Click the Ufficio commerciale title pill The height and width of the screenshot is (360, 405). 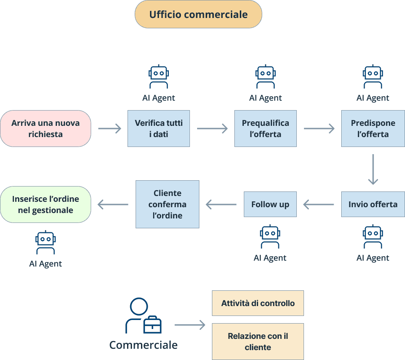point(198,14)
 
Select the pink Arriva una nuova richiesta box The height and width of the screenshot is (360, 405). point(45,129)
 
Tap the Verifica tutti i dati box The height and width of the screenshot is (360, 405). point(158,129)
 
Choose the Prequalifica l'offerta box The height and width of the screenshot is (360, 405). point(265,129)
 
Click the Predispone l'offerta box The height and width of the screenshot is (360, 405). point(373,129)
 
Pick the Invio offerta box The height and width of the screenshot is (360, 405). point(373,204)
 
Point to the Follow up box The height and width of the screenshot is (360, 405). point(270,204)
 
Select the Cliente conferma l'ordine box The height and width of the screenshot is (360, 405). point(167,204)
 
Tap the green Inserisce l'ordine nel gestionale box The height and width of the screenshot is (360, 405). point(45,204)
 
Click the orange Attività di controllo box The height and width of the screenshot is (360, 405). point(258,303)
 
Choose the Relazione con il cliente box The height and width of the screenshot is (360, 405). point(258,342)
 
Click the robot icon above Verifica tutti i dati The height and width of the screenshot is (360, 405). point(158,77)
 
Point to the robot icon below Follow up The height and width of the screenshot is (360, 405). point(270,237)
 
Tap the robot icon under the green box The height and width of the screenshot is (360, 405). point(45,243)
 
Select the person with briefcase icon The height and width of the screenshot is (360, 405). point(143,316)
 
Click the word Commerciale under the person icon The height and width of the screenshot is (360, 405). point(143,345)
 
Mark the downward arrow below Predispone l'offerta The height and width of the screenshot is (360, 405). point(373,169)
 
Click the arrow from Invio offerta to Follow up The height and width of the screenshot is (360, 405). point(319,204)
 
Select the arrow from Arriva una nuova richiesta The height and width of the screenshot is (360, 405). point(110,129)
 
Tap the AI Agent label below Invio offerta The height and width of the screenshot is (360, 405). point(373,258)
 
